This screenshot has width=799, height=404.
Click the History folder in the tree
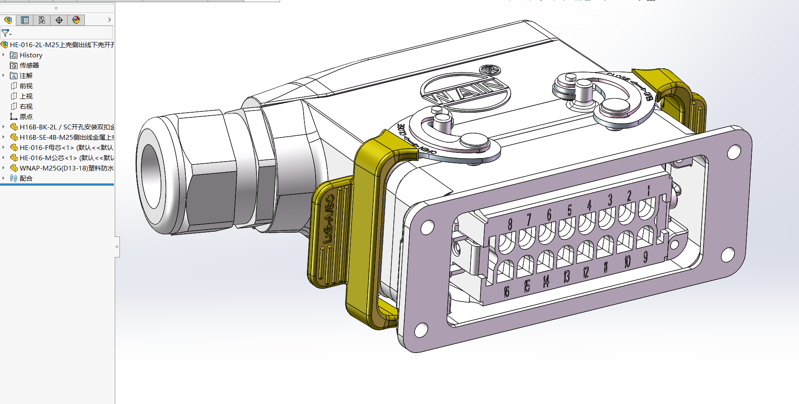(30, 55)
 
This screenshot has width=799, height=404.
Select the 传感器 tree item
(29, 66)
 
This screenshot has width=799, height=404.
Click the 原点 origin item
(26, 117)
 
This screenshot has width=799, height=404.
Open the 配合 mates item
(26, 179)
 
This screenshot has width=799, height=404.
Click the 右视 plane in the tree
(26, 107)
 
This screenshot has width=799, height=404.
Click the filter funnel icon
(6, 33)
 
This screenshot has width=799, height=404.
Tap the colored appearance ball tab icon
(76, 20)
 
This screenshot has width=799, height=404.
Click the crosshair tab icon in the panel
(59, 20)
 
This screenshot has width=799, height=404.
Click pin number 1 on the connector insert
(649, 191)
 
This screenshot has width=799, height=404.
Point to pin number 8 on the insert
(510, 224)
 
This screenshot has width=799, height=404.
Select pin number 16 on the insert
(507, 292)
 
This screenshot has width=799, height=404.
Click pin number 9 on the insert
(645, 257)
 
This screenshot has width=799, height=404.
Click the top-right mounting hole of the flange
(734, 151)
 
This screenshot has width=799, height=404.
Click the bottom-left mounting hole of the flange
(421, 329)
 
